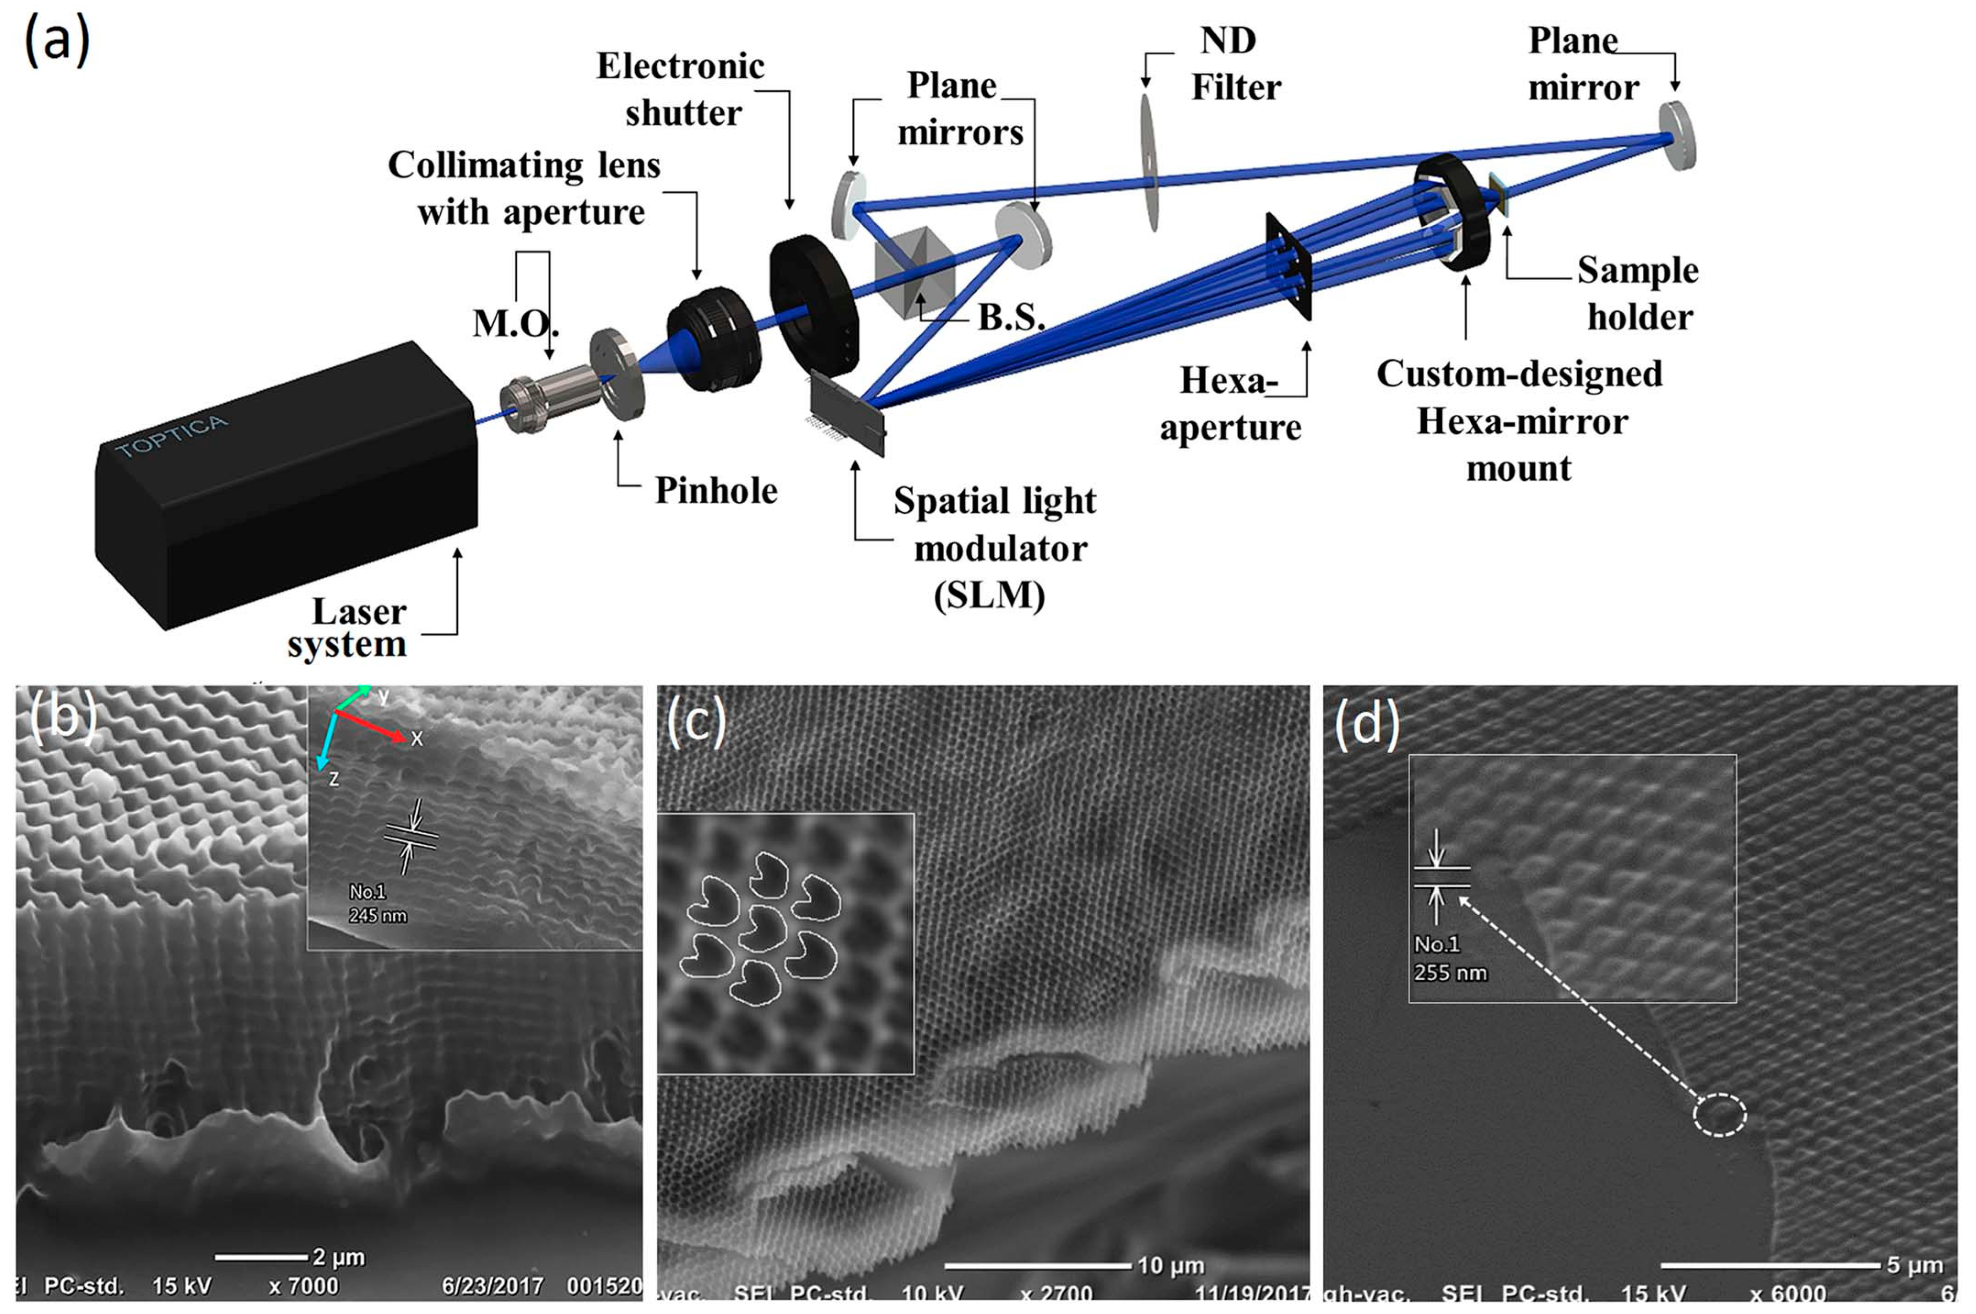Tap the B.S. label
pyautogui.click(x=1011, y=317)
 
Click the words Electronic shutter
pyautogui.click(x=681, y=89)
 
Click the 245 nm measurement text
pyautogui.click(x=377, y=916)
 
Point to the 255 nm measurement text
pyautogui.click(x=1450, y=973)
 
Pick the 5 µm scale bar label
pyautogui.click(x=1915, y=1265)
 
